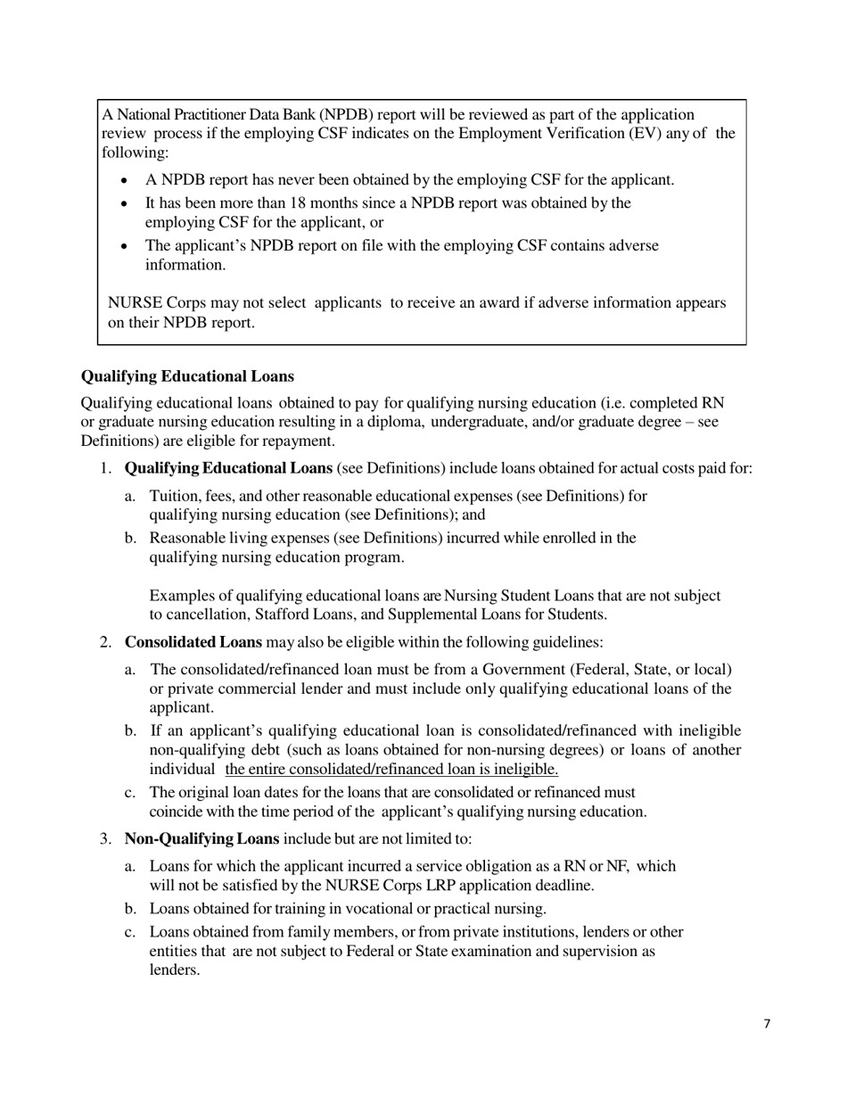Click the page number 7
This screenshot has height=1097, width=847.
tap(767, 1024)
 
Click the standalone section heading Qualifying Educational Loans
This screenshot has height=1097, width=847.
tap(187, 376)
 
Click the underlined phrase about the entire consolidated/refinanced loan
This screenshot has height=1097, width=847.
tap(392, 769)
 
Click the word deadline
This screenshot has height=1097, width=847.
tap(563, 886)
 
